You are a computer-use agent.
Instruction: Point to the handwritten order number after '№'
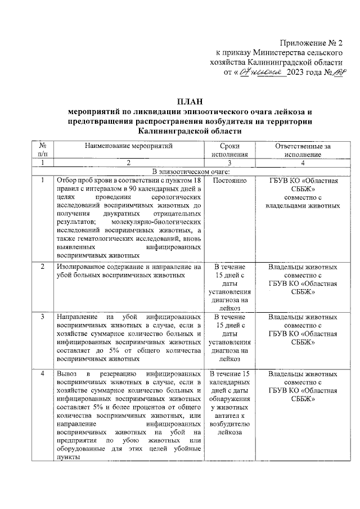(x=336, y=73)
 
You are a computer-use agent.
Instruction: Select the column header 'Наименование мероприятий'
(x=129, y=145)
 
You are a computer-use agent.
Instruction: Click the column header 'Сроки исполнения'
(x=229, y=150)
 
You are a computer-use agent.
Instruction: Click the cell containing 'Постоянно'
(x=229, y=181)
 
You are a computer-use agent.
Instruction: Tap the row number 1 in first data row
(x=43, y=181)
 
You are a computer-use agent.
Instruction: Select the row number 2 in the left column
(x=43, y=267)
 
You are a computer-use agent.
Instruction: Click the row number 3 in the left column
(x=43, y=317)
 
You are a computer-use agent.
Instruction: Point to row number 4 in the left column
(x=43, y=373)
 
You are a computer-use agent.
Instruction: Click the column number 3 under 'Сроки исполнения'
(x=229, y=163)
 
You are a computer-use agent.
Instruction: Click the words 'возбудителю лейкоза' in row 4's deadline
(x=229, y=427)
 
